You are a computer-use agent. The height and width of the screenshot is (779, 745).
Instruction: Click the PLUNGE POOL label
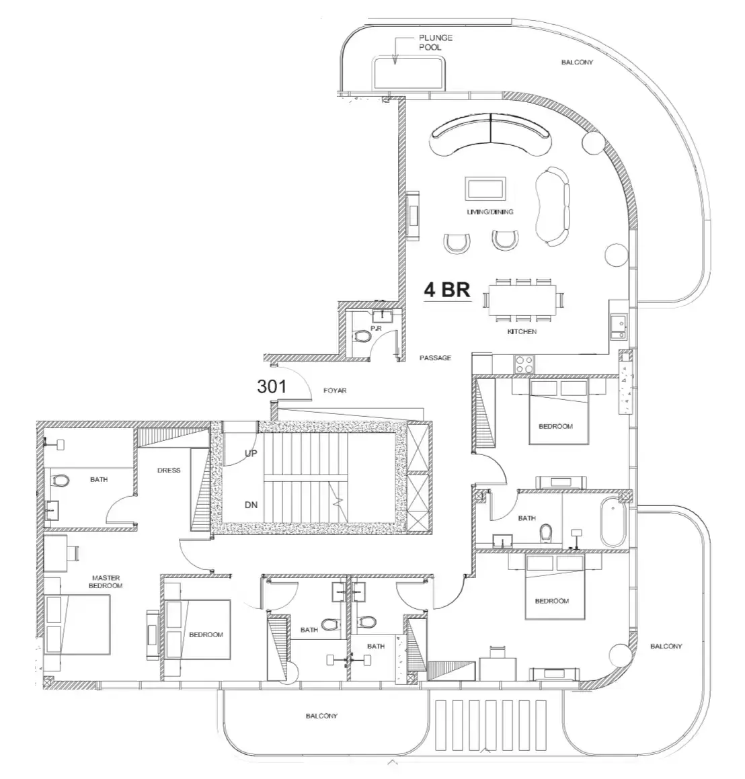point(436,42)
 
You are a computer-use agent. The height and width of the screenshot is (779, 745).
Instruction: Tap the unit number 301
point(272,386)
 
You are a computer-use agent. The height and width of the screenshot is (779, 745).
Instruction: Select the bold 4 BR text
point(447,290)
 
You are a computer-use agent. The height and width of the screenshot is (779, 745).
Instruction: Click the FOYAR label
point(335,391)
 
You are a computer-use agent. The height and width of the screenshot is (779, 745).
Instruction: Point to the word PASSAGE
point(436,358)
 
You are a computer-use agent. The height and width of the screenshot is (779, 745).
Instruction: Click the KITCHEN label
point(522,331)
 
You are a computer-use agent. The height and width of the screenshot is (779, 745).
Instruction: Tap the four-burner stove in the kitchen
point(524,364)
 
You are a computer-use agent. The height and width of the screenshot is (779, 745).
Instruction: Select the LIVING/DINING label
point(490,212)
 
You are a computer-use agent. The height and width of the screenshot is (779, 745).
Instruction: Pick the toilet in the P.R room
point(362,336)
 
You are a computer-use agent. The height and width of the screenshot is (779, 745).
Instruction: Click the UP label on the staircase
point(251,453)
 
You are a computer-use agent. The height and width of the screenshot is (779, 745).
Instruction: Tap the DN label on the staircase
point(251,505)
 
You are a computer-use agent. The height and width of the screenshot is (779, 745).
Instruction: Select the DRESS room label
point(169,470)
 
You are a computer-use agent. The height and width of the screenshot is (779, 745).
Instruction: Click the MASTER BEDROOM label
point(106,582)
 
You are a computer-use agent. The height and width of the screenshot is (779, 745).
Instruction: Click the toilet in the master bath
point(61,481)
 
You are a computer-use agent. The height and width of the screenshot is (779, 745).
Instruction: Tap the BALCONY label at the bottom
point(321,716)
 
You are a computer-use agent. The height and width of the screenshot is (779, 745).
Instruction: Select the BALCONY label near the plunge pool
point(577,62)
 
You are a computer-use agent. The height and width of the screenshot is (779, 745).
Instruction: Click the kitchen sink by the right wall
point(619,327)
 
